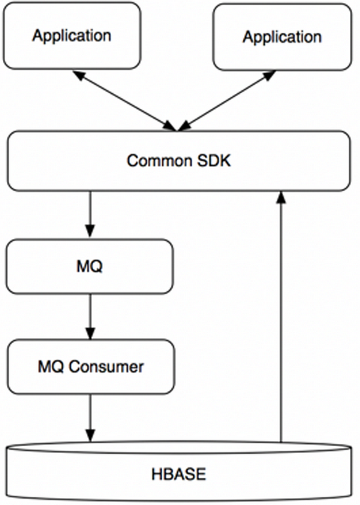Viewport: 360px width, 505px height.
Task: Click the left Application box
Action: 72,36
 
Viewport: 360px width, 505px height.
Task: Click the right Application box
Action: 282,37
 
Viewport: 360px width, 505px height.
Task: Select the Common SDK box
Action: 179,161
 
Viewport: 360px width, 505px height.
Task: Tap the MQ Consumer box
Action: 91,366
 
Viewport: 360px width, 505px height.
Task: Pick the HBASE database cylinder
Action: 179,472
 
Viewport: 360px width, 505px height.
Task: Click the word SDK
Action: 214,161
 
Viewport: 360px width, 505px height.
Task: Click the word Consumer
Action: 106,367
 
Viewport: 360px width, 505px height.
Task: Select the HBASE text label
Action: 179,474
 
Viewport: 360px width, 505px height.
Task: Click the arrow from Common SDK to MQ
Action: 90,214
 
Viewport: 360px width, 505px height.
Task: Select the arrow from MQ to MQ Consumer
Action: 90,317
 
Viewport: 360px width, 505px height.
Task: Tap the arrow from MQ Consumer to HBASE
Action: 90,418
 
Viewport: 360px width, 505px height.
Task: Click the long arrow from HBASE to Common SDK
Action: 281,317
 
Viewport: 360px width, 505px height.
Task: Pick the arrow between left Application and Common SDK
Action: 125,101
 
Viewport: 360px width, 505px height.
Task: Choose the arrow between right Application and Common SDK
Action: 227,101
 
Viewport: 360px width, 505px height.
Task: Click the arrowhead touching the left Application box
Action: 78,75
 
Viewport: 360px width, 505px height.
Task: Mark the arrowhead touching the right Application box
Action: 270,75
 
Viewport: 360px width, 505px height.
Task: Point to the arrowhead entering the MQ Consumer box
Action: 90,334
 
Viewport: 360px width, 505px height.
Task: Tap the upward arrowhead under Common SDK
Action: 281,197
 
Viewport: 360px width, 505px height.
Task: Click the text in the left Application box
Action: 72,36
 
